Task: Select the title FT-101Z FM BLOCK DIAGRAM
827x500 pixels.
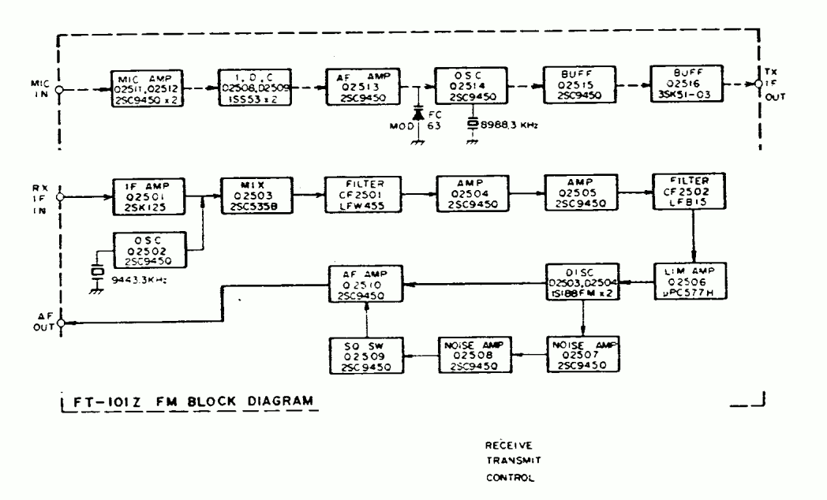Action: pos(189,401)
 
